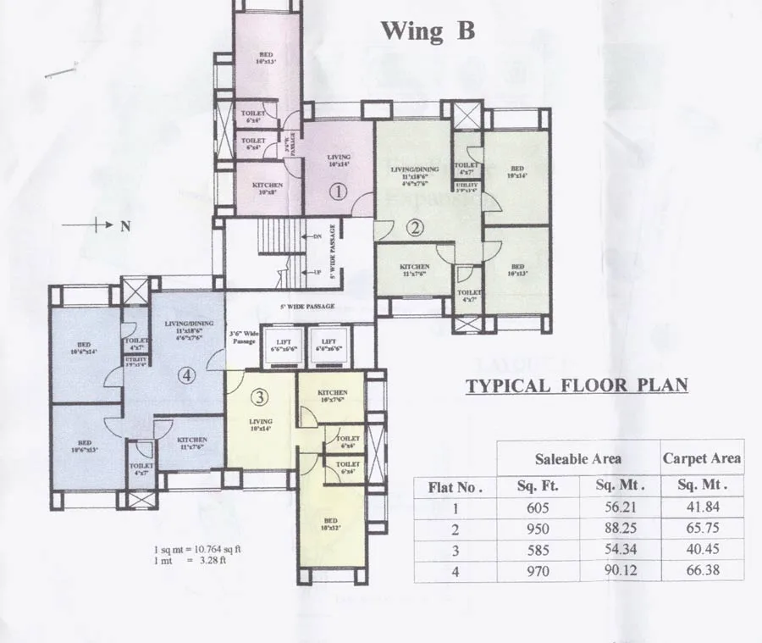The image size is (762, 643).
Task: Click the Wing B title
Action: pos(428,31)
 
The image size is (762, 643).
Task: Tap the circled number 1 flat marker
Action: pos(339,191)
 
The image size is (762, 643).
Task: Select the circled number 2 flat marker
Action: pos(414,227)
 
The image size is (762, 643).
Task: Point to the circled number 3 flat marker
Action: pos(261,396)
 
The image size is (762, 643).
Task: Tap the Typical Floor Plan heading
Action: pos(577,386)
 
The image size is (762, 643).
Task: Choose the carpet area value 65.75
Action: pos(702,529)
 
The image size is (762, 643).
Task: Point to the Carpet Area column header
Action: pos(702,458)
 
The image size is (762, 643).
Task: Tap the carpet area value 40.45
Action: pos(702,550)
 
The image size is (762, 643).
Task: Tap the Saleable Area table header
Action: pos(577,458)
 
